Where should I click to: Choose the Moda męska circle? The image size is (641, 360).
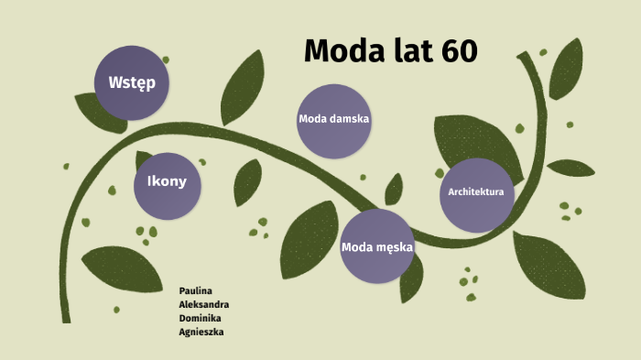pos(377,246)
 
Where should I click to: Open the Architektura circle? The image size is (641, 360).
pos(475,193)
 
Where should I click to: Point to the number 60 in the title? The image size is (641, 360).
pos(458,51)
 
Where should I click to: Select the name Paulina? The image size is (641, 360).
pos(196,290)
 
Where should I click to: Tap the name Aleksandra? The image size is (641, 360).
pos(204,304)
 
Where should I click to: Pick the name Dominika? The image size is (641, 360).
pos(201,318)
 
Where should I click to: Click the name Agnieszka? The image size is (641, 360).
pos(201,332)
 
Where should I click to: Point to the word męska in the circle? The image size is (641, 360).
pos(396,246)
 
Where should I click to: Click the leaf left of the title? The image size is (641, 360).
pos(243,82)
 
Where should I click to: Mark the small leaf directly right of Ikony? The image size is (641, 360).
pos(247,181)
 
